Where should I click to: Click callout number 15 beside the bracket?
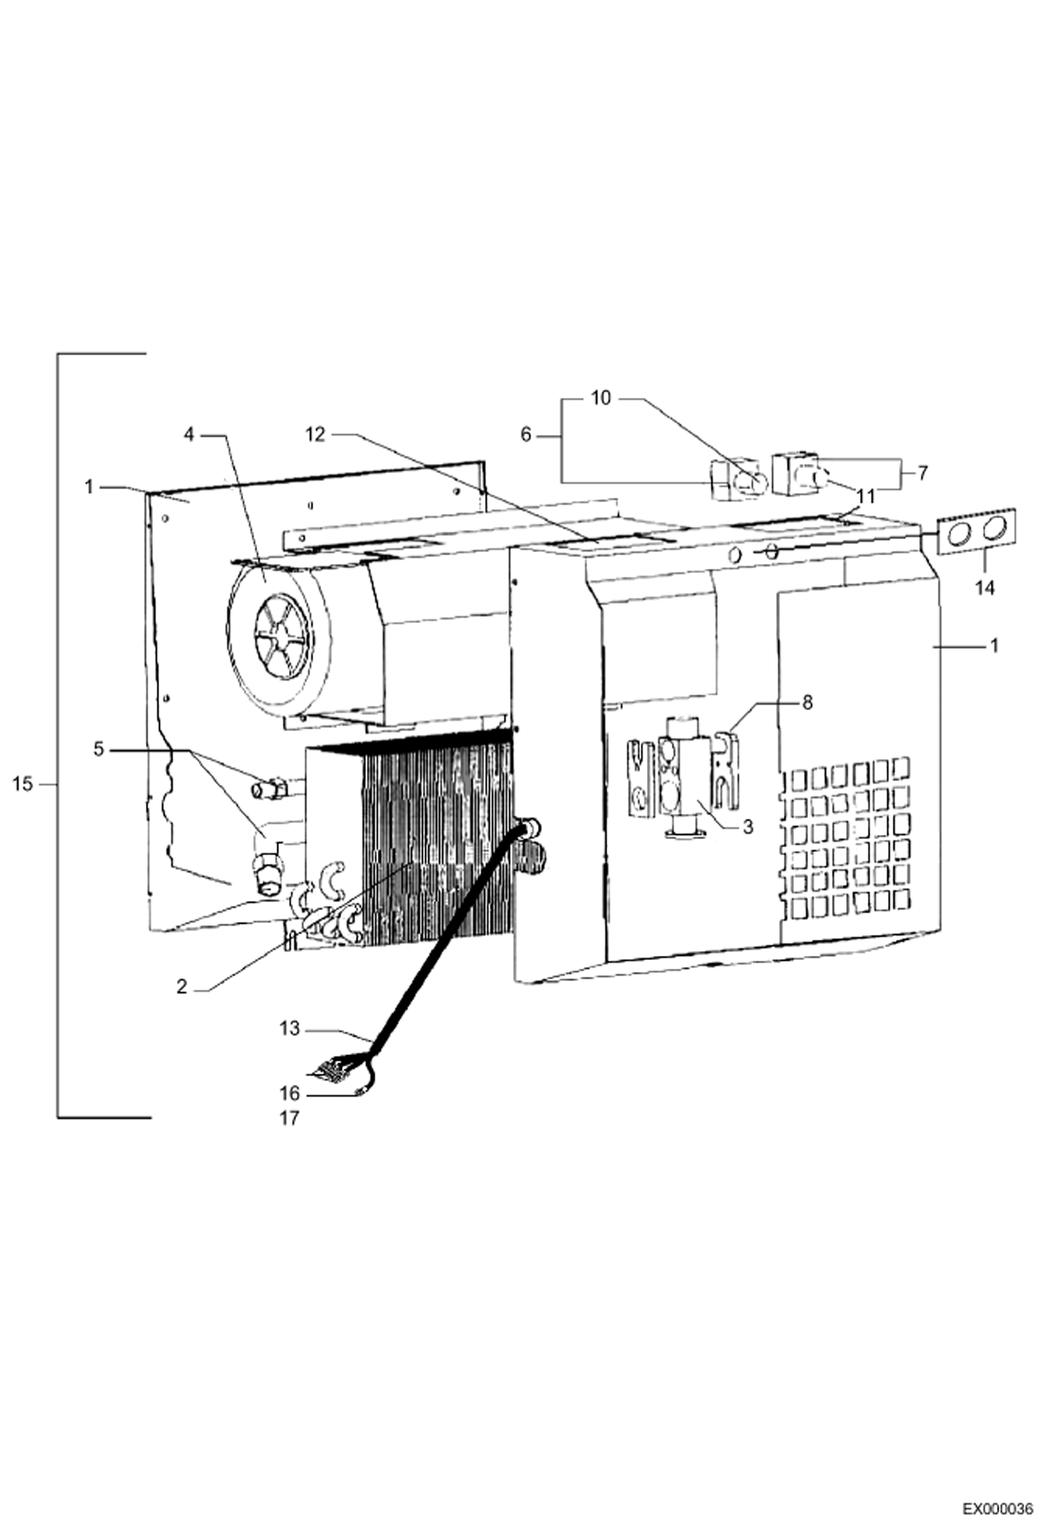23,784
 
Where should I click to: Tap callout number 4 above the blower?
190,434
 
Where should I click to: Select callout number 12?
315,434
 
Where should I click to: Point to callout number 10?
600,398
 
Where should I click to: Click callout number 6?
525,435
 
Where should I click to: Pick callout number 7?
922,473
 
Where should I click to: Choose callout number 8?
807,702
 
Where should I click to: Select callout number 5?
98,749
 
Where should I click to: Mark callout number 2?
181,986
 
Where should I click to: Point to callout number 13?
290,1028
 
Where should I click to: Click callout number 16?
290,1093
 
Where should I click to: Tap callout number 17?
290,1118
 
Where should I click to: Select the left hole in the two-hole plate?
961,533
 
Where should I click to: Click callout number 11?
866,497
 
